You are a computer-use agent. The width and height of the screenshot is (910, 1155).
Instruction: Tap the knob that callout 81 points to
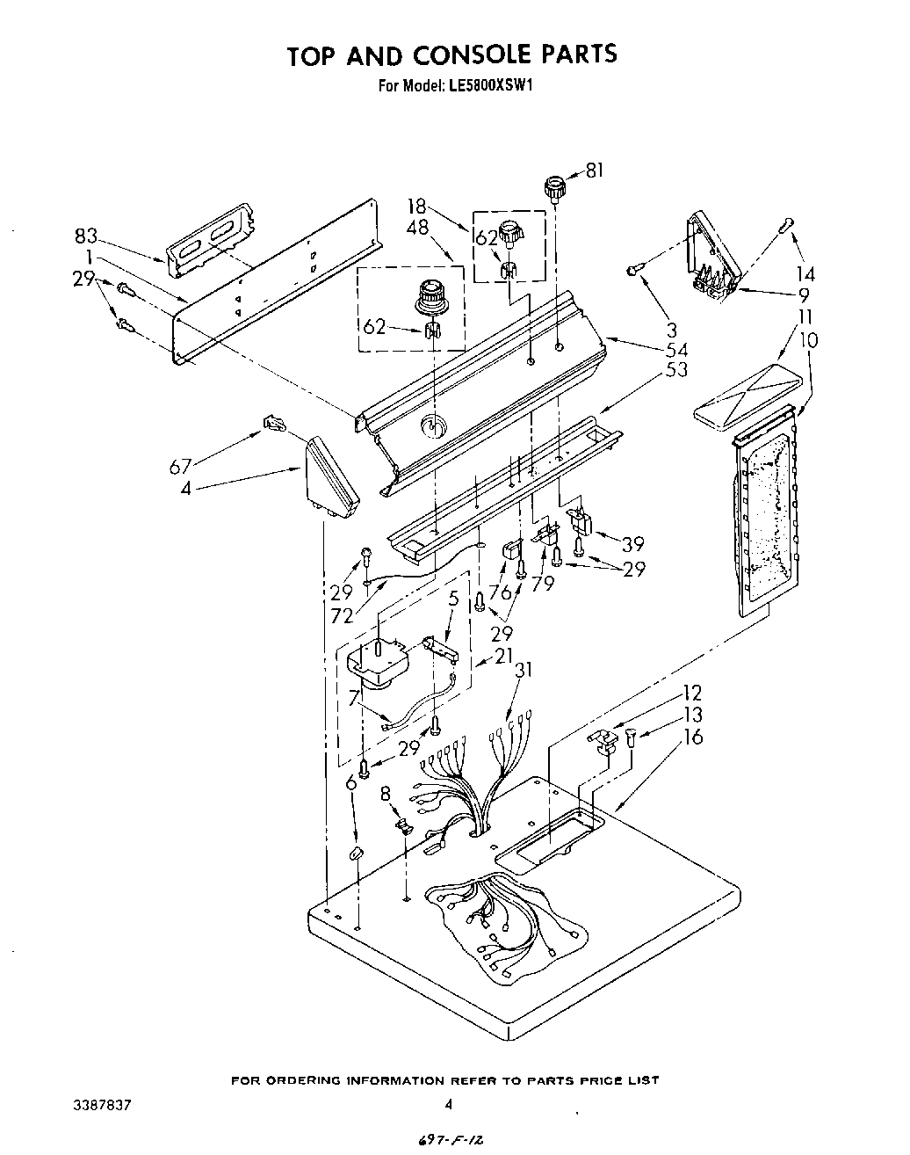tap(554, 187)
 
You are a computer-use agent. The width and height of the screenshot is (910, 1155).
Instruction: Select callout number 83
tap(86, 236)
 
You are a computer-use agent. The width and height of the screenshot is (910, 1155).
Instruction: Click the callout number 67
tap(181, 466)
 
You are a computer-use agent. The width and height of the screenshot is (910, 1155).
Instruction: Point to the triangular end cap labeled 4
tap(331, 480)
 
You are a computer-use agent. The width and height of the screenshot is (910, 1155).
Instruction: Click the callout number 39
tap(633, 545)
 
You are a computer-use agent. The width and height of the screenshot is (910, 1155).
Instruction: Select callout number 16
tap(693, 736)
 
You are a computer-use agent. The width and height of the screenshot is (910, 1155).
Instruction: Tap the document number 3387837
tap(103, 1105)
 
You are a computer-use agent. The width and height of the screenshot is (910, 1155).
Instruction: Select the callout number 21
tap(503, 656)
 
